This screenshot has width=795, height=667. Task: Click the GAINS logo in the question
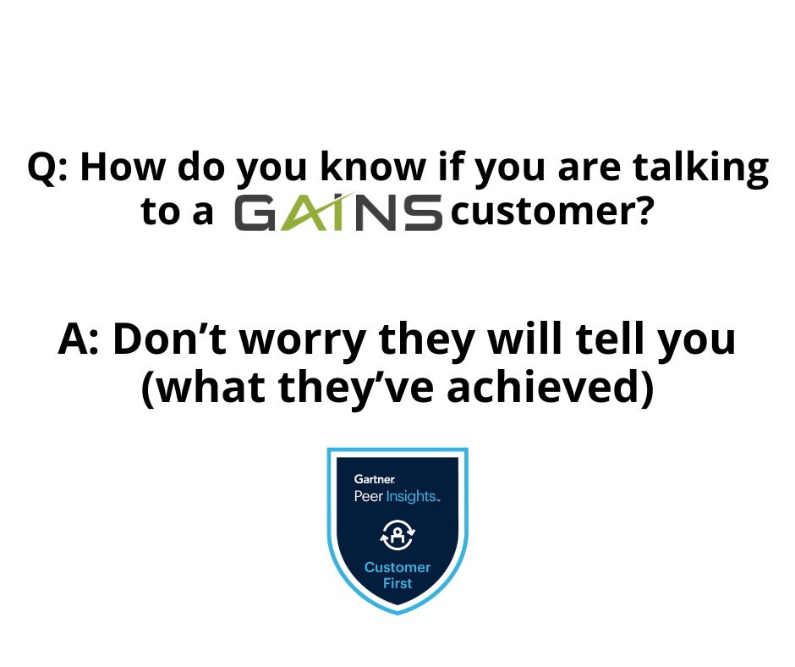tap(338, 212)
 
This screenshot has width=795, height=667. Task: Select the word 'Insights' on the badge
tap(412, 497)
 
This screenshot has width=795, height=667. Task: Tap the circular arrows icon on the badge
tap(397, 534)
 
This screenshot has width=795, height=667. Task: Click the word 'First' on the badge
tap(397, 583)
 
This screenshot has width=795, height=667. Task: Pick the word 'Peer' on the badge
tap(368, 497)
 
